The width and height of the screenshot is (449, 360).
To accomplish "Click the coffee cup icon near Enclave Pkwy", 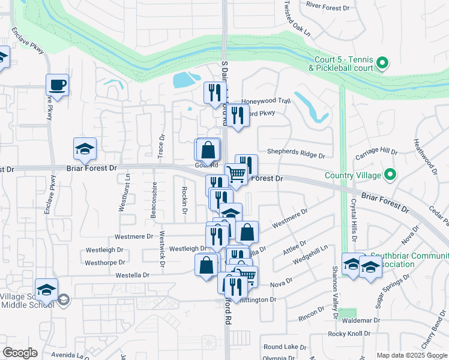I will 58,85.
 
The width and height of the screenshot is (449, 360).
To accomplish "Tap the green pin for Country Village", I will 390,175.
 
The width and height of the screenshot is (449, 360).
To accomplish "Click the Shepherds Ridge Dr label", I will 296,155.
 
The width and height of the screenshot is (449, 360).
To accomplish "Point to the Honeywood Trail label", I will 265,101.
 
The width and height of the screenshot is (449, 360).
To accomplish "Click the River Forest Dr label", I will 327,5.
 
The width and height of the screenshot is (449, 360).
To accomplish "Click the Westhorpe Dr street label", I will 104,262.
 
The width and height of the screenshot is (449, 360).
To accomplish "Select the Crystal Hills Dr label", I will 354,220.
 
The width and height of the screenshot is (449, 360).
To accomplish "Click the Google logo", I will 20,353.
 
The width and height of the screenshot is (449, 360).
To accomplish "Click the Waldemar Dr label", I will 360,320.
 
